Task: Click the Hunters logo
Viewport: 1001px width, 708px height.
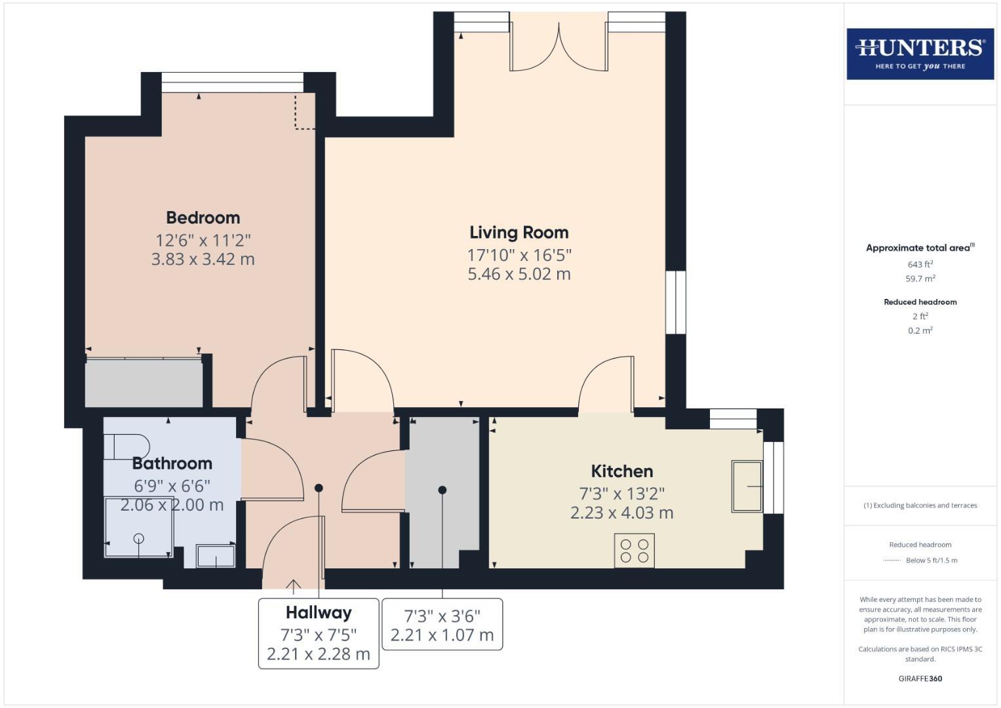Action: pyautogui.click(x=920, y=54)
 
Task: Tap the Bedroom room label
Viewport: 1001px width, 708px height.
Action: pyautogui.click(x=203, y=218)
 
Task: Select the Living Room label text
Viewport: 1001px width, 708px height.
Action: pyautogui.click(x=519, y=233)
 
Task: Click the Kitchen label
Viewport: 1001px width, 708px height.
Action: pyautogui.click(x=621, y=471)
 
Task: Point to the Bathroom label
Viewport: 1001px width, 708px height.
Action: pyautogui.click(x=172, y=463)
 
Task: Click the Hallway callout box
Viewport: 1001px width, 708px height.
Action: pyautogui.click(x=319, y=633)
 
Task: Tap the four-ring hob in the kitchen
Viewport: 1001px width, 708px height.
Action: pyautogui.click(x=634, y=551)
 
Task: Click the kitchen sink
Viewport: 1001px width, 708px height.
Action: pyautogui.click(x=747, y=486)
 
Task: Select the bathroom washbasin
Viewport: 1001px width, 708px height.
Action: pyautogui.click(x=216, y=557)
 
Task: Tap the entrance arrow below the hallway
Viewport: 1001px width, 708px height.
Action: pyautogui.click(x=293, y=585)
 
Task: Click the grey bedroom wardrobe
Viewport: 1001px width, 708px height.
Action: pyautogui.click(x=144, y=382)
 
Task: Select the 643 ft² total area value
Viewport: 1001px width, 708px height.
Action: pyautogui.click(x=920, y=264)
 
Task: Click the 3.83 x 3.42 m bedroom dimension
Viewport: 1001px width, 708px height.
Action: pyautogui.click(x=203, y=259)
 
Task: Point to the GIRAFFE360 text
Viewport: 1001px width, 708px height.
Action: pyautogui.click(x=920, y=678)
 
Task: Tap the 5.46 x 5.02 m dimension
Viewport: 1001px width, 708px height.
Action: pyautogui.click(x=519, y=274)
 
